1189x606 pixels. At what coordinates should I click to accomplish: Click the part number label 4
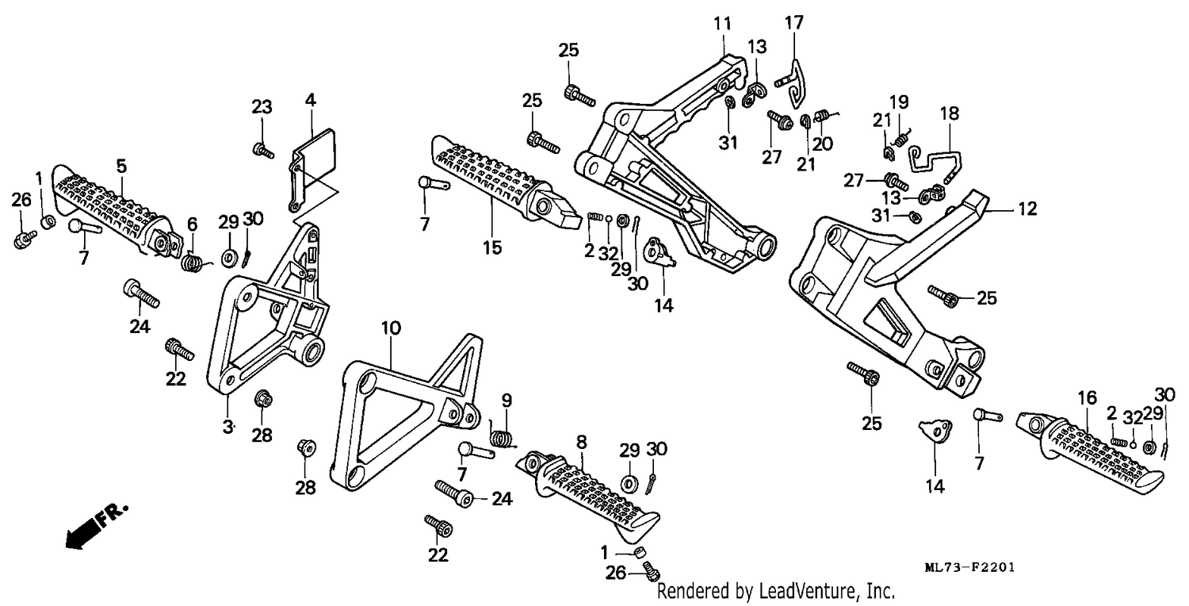(310, 101)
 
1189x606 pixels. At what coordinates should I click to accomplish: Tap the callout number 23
(262, 107)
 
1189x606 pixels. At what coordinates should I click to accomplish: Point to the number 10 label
(391, 328)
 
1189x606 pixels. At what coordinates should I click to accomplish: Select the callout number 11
(722, 24)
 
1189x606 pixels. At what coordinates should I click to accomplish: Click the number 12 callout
(1027, 209)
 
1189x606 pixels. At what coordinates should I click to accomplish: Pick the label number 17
(794, 23)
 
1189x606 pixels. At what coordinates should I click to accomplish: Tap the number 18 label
(950, 113)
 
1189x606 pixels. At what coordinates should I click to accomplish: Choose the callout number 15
(492, 247)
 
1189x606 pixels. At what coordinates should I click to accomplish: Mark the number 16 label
(1087, 398)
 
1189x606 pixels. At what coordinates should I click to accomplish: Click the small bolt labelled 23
(263, 151)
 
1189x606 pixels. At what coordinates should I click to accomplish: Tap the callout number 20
(822, 144)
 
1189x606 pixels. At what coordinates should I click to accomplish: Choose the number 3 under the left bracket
(227, 427)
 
